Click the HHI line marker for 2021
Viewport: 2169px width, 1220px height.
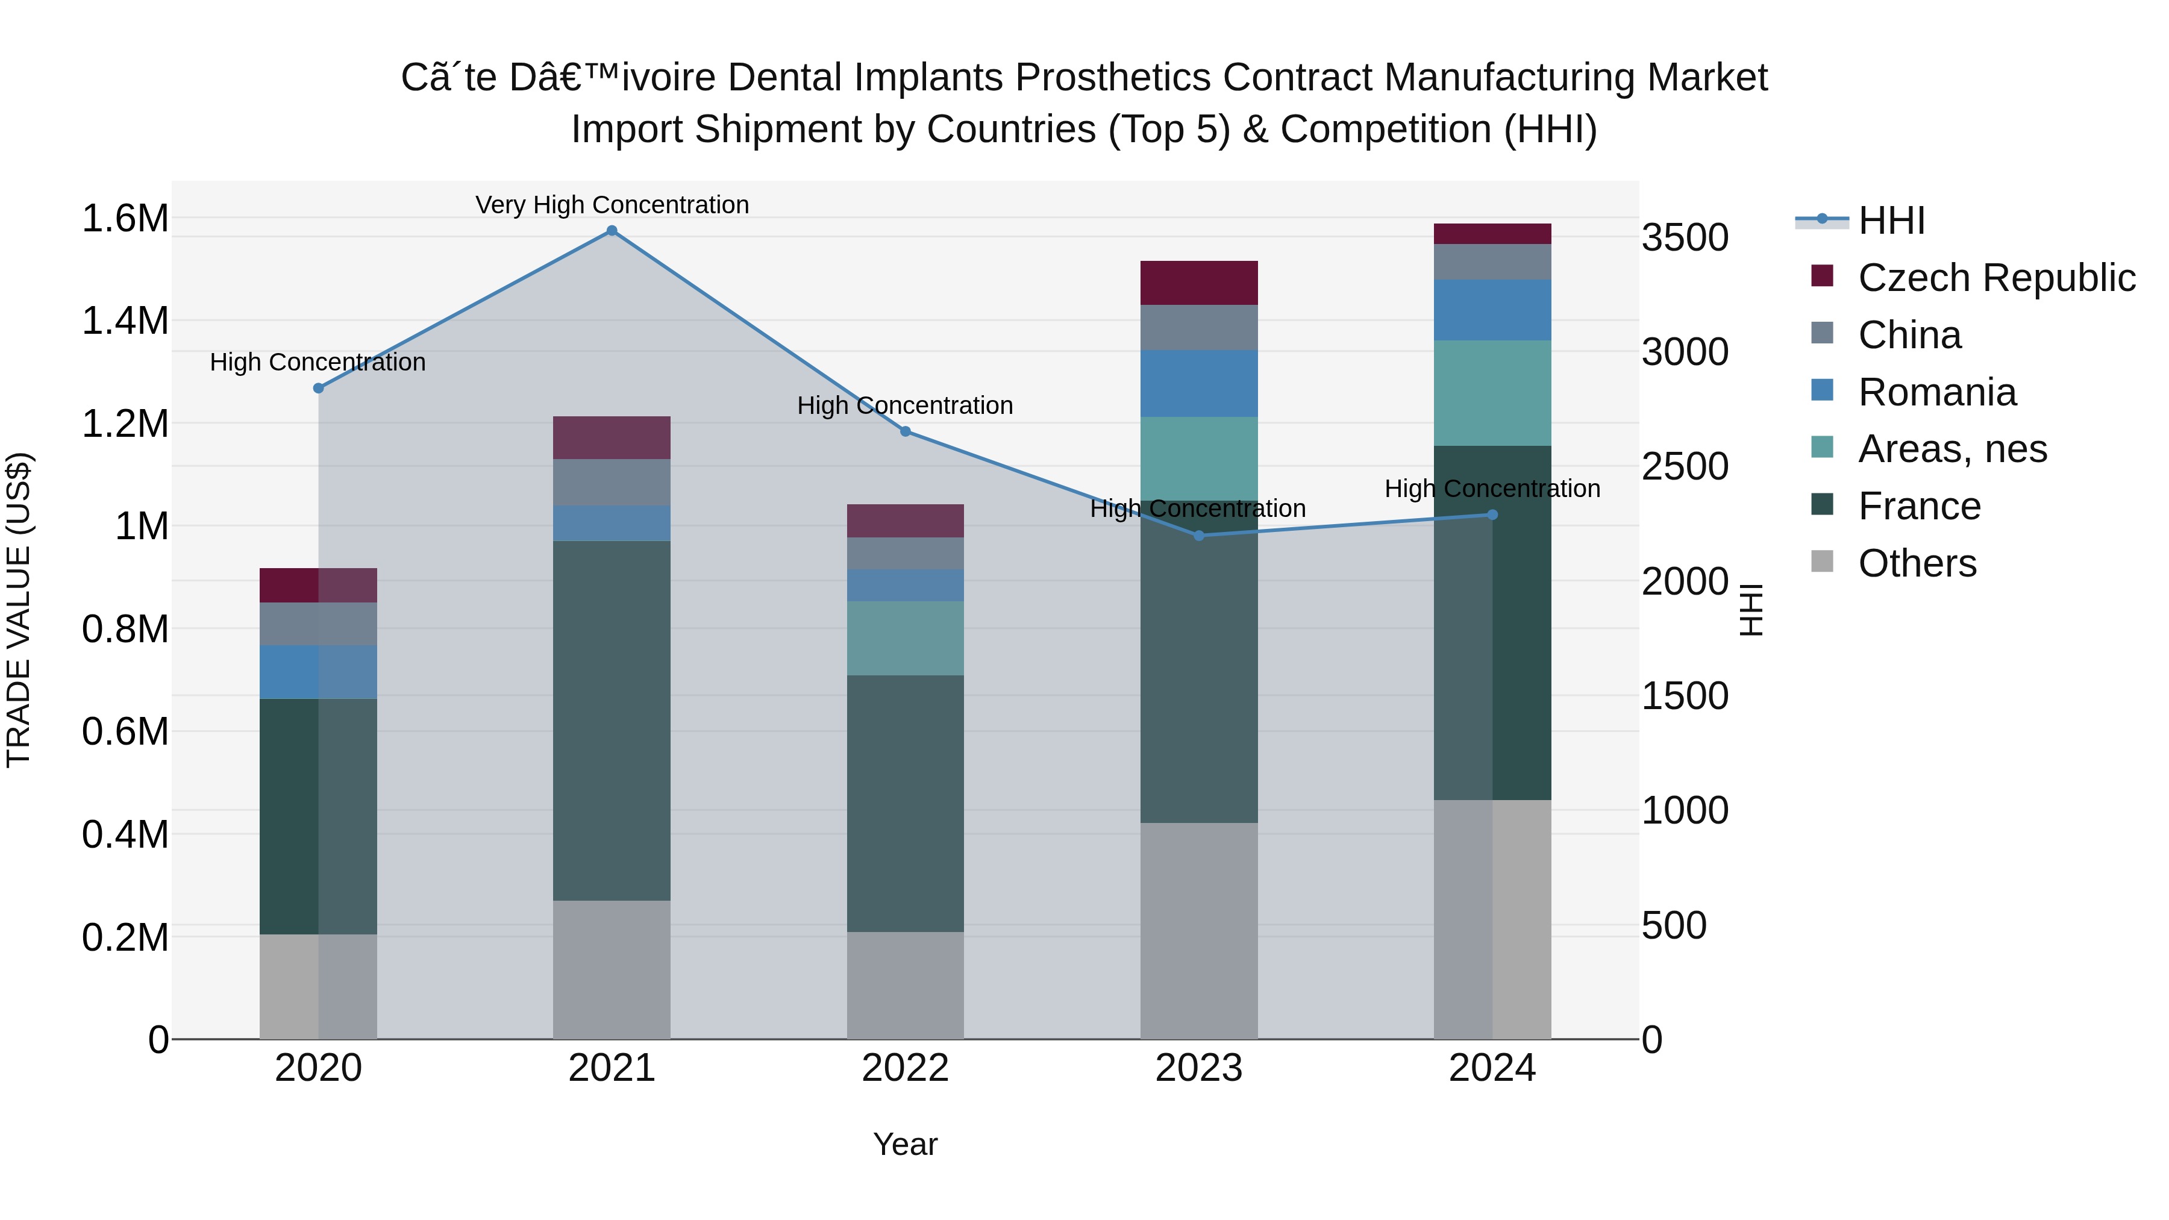(612, 231)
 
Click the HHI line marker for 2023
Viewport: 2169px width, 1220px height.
(1199, 536)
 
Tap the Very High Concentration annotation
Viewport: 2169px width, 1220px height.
(612, 205)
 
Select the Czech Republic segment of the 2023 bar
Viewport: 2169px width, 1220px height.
(1199, 283)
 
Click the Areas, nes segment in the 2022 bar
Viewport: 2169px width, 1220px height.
(905, 638)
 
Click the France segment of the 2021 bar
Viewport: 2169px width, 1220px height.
(612, 721)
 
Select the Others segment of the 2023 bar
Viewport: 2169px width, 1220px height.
(1199, 930)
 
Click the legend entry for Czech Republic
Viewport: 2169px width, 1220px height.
(1995, 278)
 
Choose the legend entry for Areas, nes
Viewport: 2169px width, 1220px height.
(1951, 449)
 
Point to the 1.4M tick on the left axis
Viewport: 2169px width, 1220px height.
(125, 321)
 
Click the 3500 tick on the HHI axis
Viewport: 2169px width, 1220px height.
(1685, 237)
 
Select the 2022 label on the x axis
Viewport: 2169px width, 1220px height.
(905, 1068)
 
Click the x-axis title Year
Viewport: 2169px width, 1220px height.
(905, 1144)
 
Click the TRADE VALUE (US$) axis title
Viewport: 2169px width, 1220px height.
(19, 610)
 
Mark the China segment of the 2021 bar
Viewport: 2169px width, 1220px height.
(612, 483)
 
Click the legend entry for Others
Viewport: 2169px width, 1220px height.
(1917, 563)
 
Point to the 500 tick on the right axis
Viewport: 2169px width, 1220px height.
(1674, 925)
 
